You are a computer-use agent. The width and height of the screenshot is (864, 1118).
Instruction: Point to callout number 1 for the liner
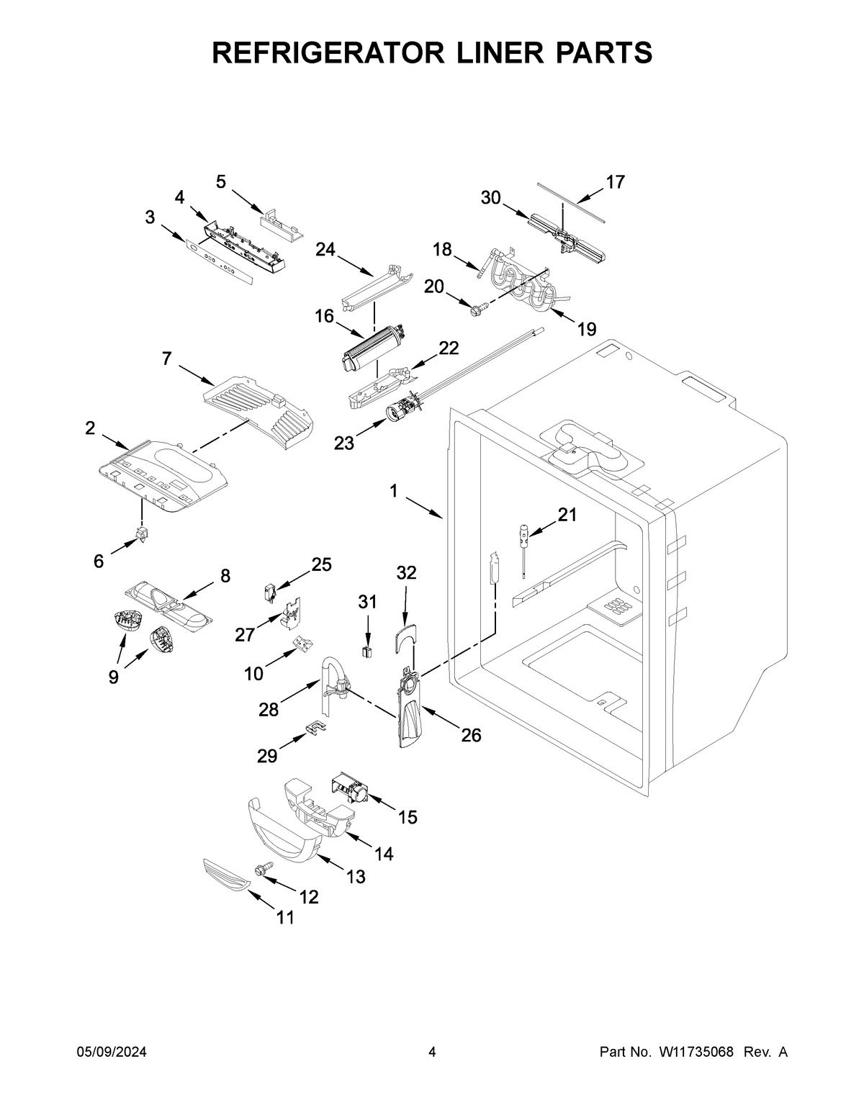394,491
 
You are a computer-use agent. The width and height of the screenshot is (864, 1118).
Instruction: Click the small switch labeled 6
142,534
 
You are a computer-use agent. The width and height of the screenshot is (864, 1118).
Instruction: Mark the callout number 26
471,735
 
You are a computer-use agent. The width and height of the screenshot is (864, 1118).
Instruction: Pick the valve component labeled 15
348,790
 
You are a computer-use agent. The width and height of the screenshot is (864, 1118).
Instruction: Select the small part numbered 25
270,591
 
